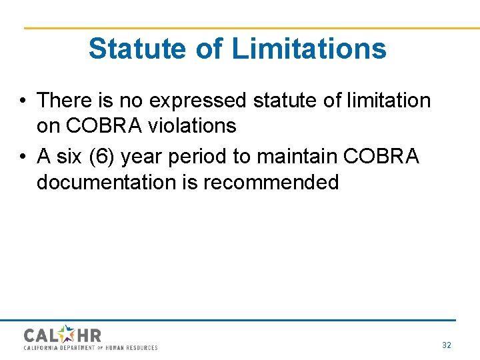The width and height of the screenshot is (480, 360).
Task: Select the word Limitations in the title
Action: pyautogui.click(x=309, y=49)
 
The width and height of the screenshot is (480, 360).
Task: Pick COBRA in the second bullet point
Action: pyautogui.click(x=381, y=157)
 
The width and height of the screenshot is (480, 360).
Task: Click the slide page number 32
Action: pyautogui.click(x=447, y=345)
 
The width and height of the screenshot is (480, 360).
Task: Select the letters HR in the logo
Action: pyautogui.click(x=88, y=335)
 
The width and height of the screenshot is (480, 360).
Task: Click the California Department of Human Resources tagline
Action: pyautogui.click(x=91, y=347)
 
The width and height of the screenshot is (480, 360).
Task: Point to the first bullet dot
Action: pyautogui.click(x=23, y=101)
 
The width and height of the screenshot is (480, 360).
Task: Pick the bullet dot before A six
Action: pyautogui.click(x=23, y=157)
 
